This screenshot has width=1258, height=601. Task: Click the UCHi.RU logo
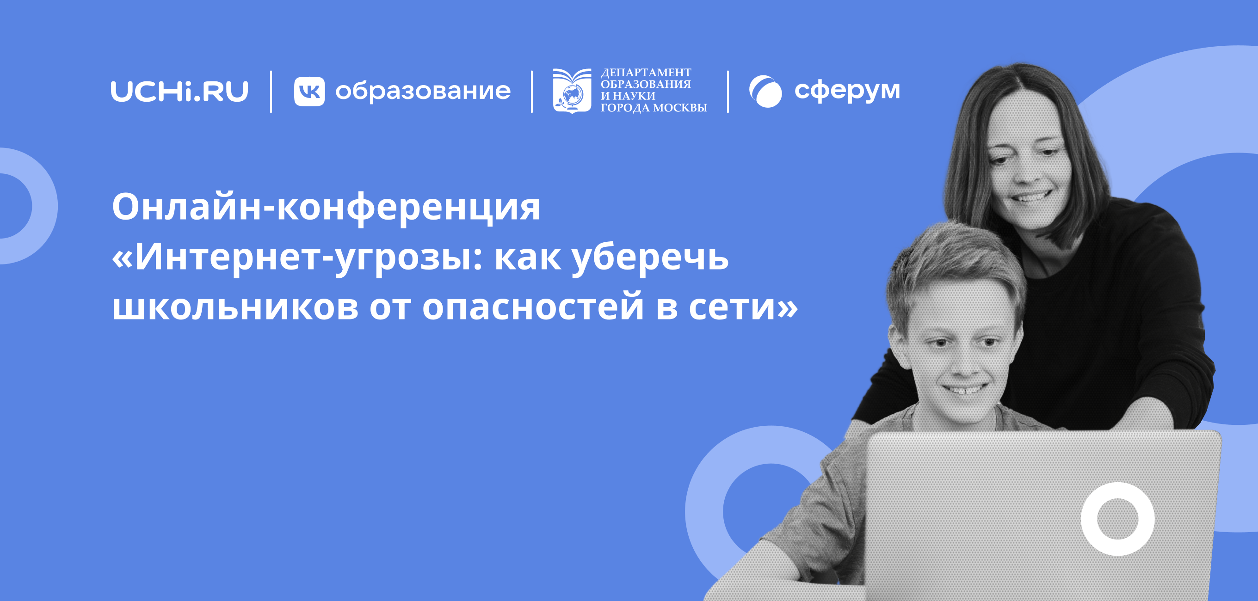coord(179,91)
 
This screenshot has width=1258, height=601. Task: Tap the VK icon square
coord(309,91)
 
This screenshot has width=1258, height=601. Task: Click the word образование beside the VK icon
coord(423,91)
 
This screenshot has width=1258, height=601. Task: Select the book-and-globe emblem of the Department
coord(571,91)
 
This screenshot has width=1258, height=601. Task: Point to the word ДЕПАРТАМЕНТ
coord(646,73)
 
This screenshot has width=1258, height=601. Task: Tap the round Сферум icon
coord(765,91)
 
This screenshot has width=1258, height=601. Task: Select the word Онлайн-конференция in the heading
coord(326,207)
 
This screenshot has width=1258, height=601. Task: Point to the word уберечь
coord(650,258)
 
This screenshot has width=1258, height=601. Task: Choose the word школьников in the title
coord(235,307)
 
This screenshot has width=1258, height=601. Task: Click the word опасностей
coord(533,307)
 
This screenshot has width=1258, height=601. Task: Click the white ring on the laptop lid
coord(1117,519)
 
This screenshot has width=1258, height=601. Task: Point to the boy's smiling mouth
coord(965,389)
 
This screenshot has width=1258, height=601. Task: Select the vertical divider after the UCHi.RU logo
coord(271,91)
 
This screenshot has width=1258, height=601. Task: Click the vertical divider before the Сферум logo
coord(728,91)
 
